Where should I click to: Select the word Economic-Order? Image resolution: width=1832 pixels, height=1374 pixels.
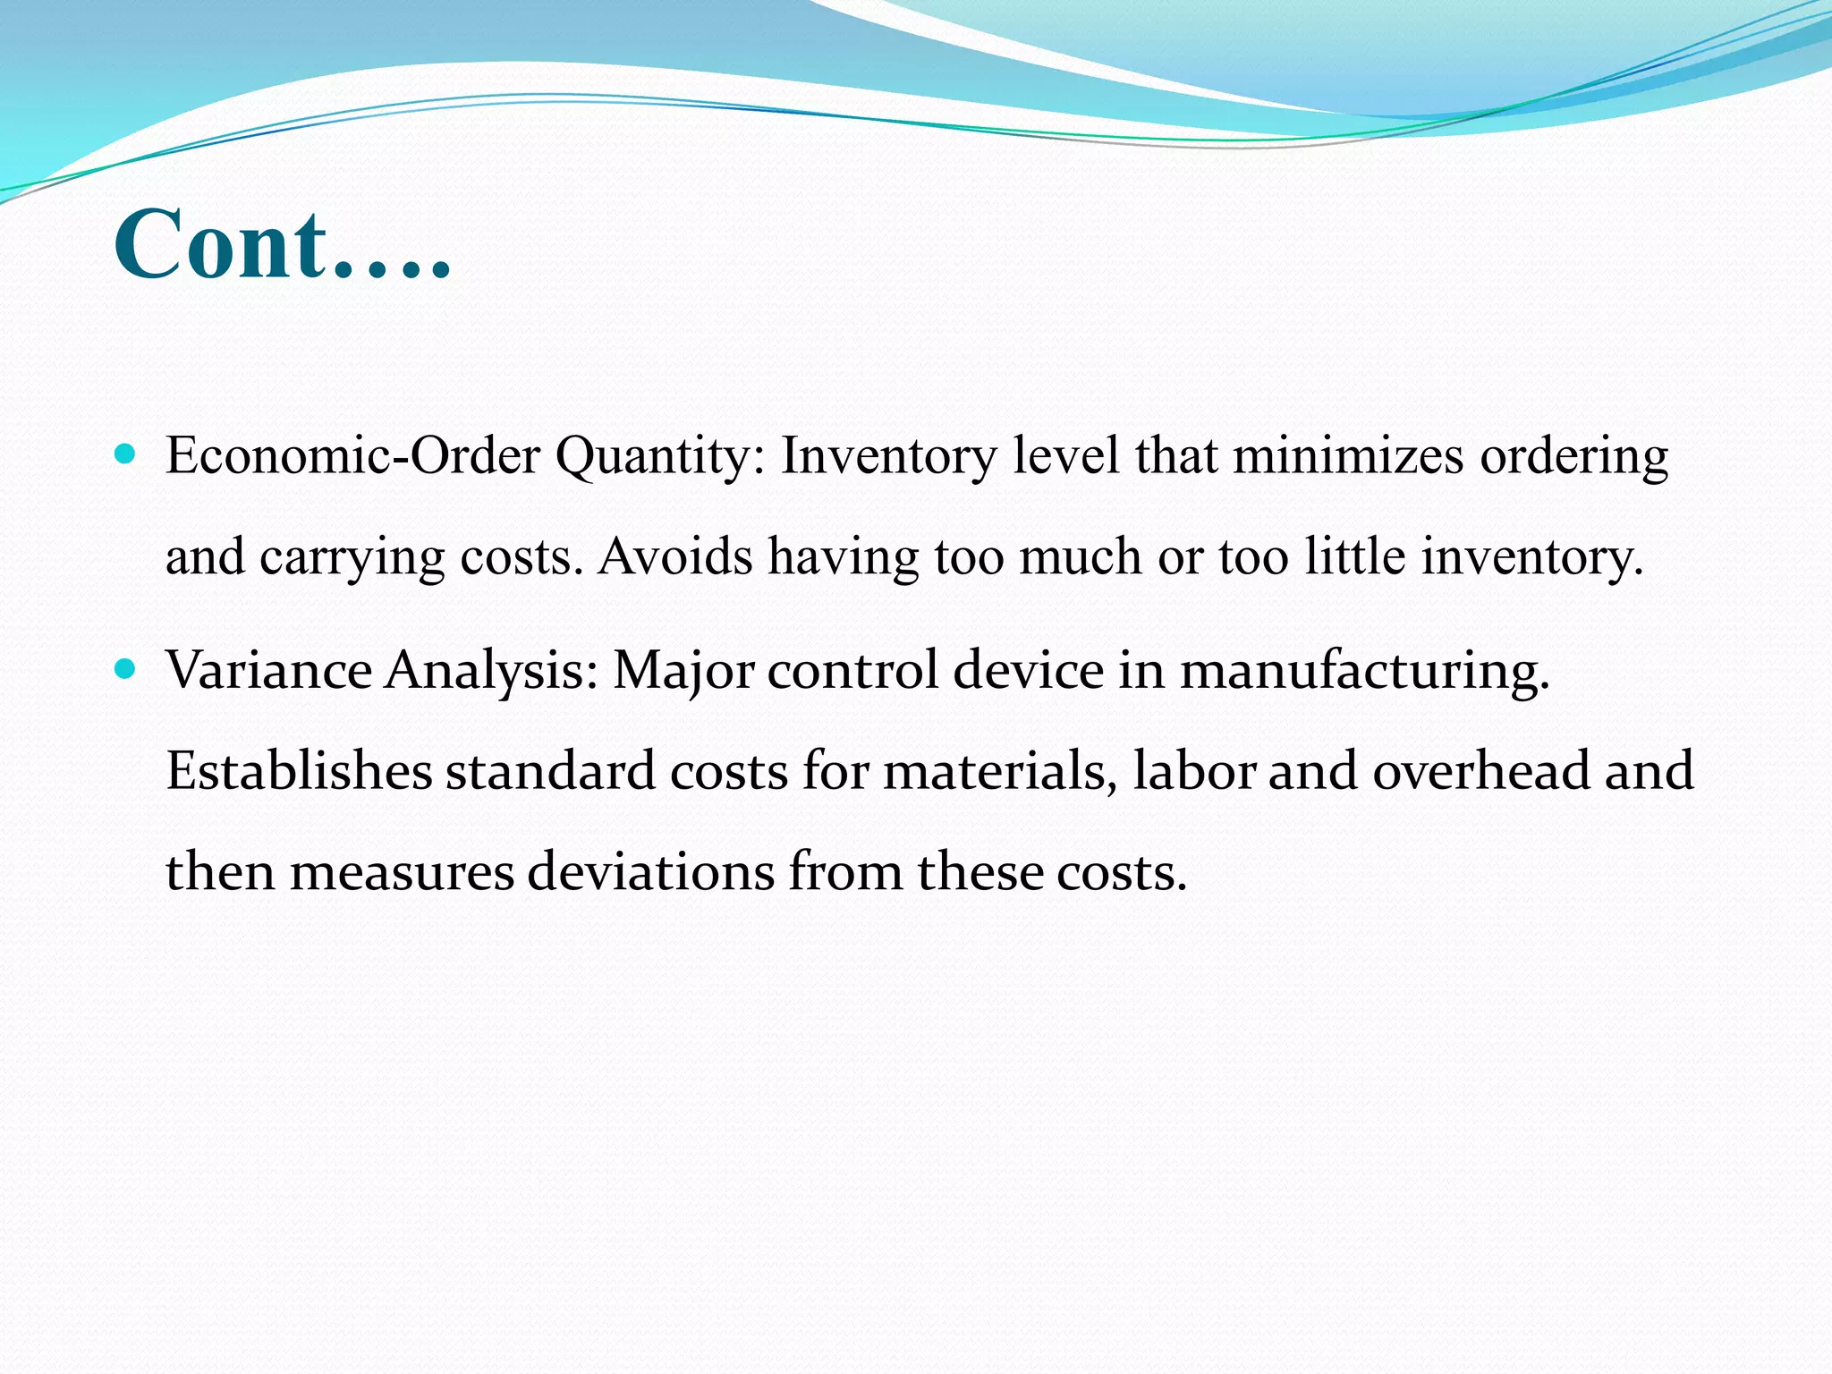click(353, 456)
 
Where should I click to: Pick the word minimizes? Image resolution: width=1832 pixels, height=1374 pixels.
click(1348, 456)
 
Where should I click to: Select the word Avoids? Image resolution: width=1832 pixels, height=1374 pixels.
click(675, 556)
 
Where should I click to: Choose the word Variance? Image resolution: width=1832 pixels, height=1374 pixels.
click(269, 670)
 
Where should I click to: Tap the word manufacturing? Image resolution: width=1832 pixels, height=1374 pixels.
click(1365, 672)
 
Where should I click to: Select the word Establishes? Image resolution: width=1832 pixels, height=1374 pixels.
click(299, 771)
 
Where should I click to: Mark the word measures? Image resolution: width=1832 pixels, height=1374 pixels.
click(402, 872)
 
